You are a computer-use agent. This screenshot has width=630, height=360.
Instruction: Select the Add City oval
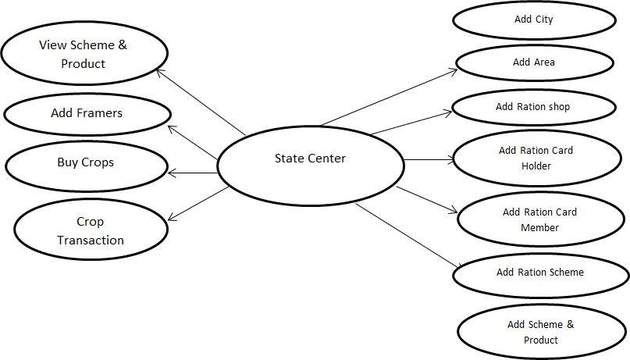pyautogui.click(x=534, y=20)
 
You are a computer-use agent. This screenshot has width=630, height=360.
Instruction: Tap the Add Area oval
pyautogui.click(x=534, y=62)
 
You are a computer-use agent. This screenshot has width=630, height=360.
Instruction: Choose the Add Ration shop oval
pyautogui.click(x=534, y=108)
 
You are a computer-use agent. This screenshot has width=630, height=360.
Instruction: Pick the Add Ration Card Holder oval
pyautogui.click(x=536, y=158)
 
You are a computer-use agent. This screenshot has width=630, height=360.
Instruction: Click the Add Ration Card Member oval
pyautogui.click(x=540, y=219)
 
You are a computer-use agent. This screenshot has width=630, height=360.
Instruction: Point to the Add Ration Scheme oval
pyautogui.click(x=540, y=273)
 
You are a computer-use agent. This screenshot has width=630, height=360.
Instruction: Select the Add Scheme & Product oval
pyautogui.click(x=540, y=332)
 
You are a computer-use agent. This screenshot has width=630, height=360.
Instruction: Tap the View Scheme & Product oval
pyautogui.click(x=84, y=54)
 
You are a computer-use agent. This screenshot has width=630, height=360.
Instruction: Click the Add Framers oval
pyautogui.click(x=87, y=113)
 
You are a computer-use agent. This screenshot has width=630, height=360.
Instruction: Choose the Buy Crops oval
pyautogui.click(x=86, y=162)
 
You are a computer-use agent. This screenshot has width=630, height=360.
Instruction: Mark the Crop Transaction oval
pyautogui.click(x=91, y=230)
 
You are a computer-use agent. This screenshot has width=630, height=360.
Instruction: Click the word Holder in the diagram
pyautogui.click(x=536, y=166)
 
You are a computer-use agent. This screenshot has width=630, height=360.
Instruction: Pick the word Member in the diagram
pyautogui.click(x=540, y=228)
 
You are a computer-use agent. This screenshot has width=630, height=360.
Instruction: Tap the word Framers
pyautogui.click(x=99, y=113)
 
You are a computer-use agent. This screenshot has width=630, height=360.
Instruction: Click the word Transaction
pyautogui.click(x=91, y=241)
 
